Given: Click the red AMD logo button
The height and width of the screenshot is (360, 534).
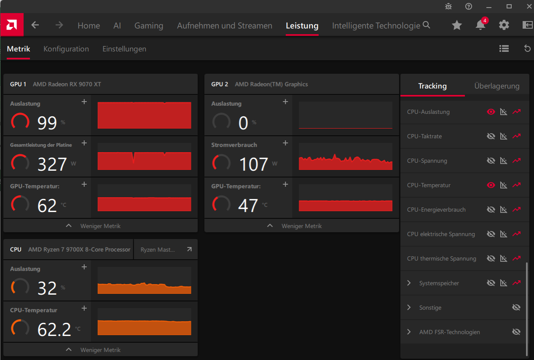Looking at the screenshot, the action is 12,25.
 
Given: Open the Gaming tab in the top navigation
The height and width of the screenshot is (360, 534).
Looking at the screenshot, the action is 149,26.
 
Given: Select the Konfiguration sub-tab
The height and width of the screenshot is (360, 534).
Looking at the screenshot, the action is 66,49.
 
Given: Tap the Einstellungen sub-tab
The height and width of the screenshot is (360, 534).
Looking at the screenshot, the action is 124,49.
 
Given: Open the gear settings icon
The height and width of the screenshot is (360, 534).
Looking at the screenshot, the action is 504,25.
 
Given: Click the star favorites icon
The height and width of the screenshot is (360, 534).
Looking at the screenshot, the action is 457,25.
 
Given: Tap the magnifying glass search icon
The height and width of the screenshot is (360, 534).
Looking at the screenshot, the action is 427,25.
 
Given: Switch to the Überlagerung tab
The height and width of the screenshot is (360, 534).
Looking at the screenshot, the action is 496,86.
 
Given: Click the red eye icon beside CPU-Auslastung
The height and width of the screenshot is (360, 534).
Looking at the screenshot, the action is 491,112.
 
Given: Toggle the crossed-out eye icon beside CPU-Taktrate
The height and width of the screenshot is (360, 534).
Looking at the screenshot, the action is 491,136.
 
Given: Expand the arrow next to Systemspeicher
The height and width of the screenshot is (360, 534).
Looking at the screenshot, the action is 409,283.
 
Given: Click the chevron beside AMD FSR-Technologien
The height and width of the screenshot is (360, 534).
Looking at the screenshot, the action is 409,332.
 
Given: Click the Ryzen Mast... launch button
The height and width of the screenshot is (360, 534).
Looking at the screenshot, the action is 166,250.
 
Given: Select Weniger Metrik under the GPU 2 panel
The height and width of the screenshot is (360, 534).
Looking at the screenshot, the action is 302,226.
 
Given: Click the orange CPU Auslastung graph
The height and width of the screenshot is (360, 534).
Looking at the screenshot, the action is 144,280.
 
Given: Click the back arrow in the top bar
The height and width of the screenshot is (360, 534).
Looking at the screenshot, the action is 35,25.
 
